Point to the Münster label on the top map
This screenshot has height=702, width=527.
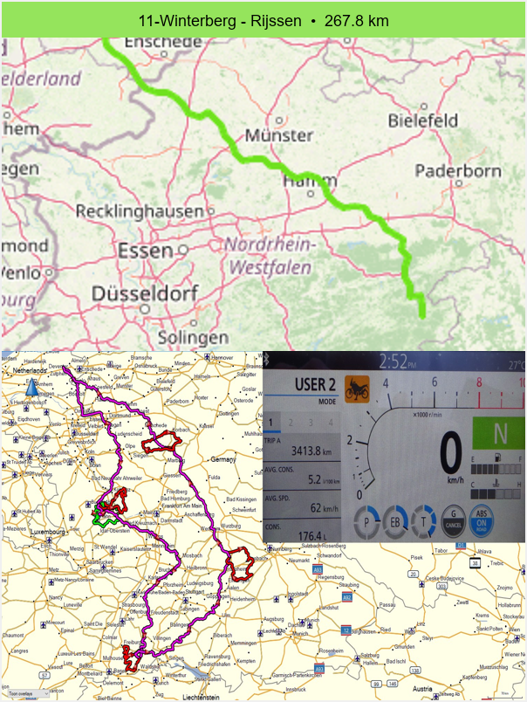pyautogui.click(x=278, y=135)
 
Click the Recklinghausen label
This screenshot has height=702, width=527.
pyautogui.click(x=139, y=211)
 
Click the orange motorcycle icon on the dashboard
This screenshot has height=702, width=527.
pyautogui.click(x=356, y=388)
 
